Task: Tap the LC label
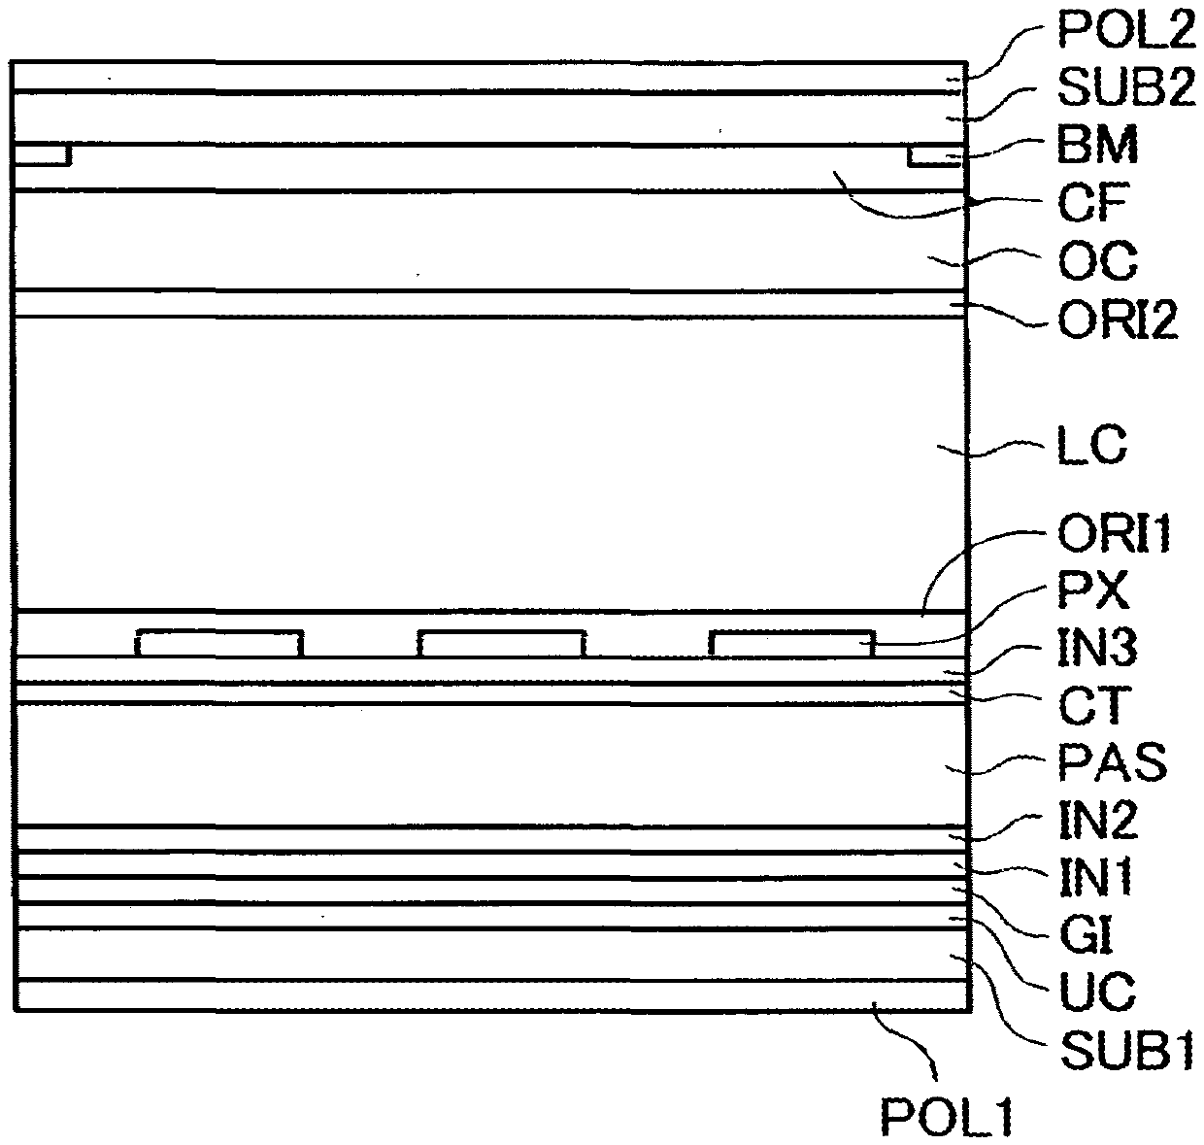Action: pyautogui.click(x=1090, y=448)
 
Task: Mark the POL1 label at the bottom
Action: pyautogui.click(x=947, y=1116)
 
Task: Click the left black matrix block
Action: pyautogui.click(x=41, y=154)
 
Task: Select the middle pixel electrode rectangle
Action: pyautogui.click(x=501, y=643)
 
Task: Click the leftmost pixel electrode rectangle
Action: pyautogui.click(x=219, y=643)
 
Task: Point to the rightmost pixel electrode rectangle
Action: pyautogui.click(x=791, y=643)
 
